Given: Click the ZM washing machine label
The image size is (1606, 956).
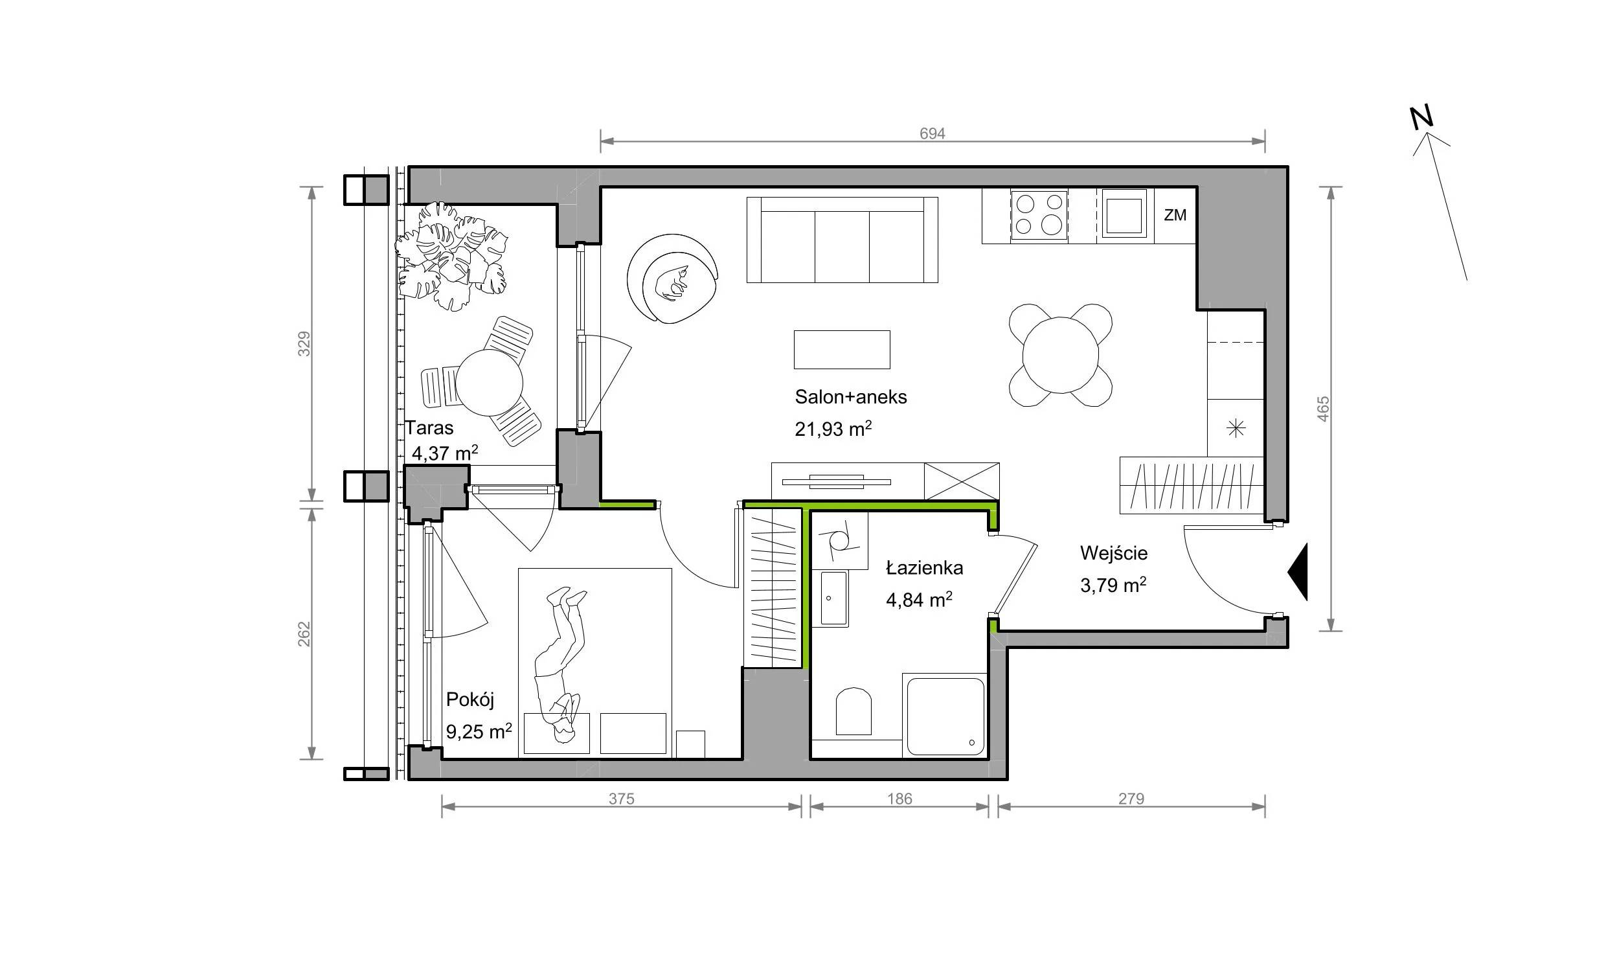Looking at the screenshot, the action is tap(1175, 215).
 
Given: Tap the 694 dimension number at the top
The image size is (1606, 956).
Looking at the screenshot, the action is tap(933, 133).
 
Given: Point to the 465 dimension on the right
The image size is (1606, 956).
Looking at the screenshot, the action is tap(1323, 409).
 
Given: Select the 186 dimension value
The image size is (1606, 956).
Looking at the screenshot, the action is tap(899, 799).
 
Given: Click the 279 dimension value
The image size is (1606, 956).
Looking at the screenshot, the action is tap(1131, 799).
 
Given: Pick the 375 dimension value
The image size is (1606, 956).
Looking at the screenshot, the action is tap(621, 799).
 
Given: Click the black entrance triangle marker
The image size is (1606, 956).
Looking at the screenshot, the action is tap(1297, 571).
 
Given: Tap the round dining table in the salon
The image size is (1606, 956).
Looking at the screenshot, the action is tap(1061, 355).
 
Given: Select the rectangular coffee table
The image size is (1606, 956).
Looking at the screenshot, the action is tap(842, 350).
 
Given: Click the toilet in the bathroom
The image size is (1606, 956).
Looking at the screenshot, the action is tap(854, 711).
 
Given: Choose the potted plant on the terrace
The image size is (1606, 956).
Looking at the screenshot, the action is tap(451, 256).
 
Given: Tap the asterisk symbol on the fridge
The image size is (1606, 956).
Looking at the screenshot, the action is tap(1236, 428).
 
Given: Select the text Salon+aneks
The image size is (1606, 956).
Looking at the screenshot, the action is tap(851, 396).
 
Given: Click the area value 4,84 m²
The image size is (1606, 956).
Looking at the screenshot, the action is tap(919, 600).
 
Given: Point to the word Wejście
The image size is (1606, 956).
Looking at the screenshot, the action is tap(1114, 552).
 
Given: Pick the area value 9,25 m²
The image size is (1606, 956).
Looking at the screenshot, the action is tap(479, 731).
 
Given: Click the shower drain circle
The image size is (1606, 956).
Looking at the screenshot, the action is tap(971, 742).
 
